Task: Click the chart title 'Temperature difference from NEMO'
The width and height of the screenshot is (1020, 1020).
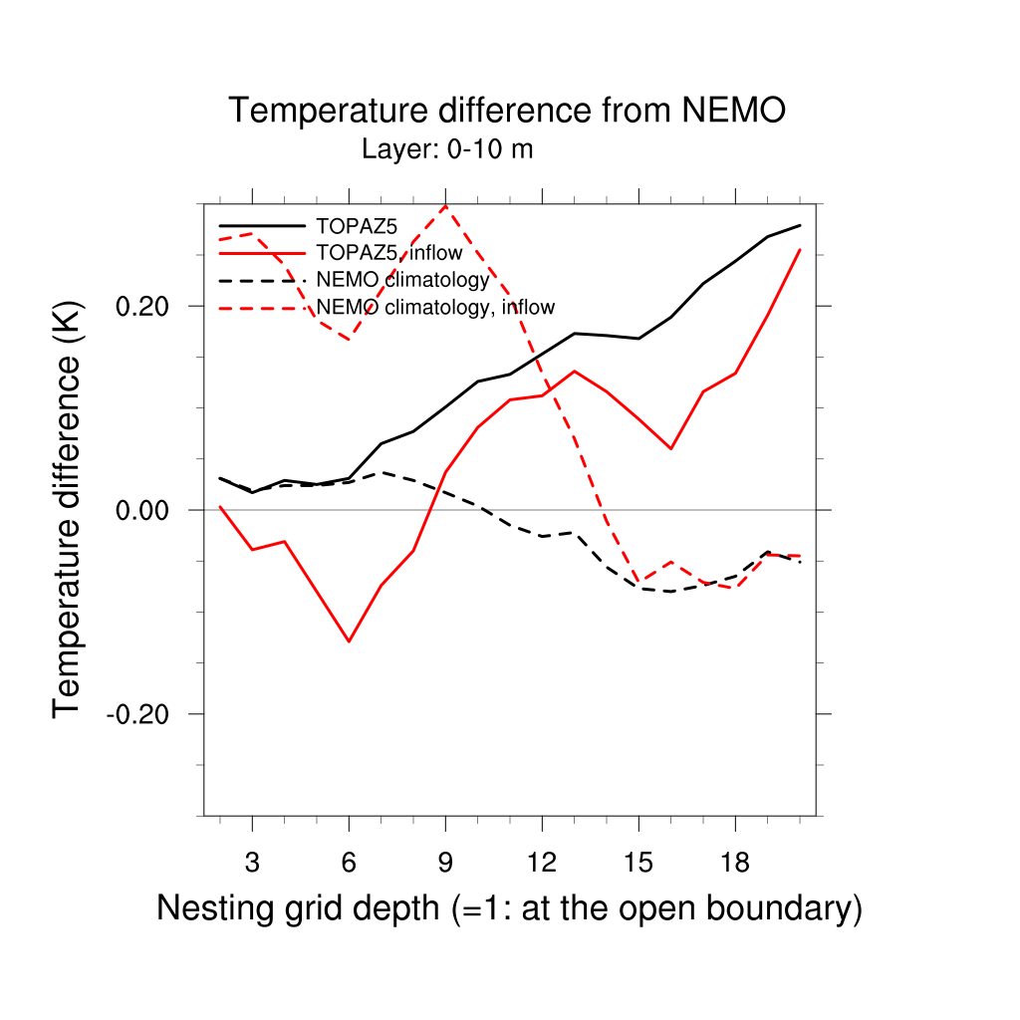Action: point(507,110)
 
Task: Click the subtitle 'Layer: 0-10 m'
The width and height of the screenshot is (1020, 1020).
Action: point(447,149)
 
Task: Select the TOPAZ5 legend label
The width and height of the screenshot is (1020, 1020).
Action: point(357,226)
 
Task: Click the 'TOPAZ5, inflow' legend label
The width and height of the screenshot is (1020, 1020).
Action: point(389,252)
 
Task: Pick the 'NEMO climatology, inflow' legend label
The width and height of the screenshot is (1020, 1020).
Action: point(435,307)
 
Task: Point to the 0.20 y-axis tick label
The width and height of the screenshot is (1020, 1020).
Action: point(141,306)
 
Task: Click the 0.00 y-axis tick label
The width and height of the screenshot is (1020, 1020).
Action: point(141,510)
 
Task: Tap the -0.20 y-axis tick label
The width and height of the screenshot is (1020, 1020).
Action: point(137,714)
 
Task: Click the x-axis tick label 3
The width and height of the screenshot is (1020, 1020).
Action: point(252,863)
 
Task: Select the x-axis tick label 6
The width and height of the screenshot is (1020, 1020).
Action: point(350,863)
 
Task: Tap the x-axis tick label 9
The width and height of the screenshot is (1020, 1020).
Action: point(445,863)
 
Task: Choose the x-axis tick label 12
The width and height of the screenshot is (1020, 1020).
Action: point(542,863)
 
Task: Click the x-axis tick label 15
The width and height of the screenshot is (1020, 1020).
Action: point(638,863)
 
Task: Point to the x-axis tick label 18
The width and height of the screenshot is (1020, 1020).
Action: point(735,863)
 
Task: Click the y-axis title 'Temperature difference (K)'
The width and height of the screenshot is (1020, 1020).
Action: point(67,510)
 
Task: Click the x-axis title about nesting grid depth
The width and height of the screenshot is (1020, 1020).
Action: point(509,908)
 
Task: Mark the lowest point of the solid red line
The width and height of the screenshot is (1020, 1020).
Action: point(350,641)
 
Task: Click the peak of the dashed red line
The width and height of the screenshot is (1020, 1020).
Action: point(445,205)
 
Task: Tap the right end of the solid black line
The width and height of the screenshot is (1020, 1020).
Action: point(800,225)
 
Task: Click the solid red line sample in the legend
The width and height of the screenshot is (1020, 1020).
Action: point(262,253)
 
